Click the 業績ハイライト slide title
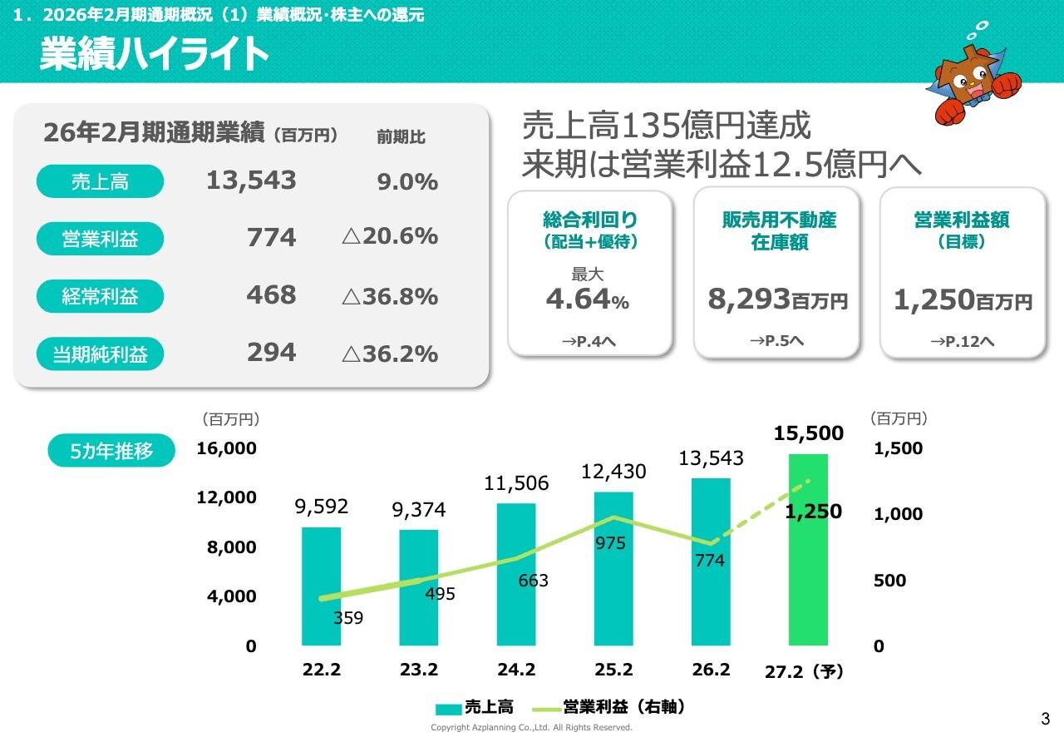[155, 54]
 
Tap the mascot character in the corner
[972, 79]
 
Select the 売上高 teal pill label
[100, 181]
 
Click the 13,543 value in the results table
[251, 180]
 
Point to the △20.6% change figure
[389, 236]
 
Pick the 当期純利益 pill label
[100, 354]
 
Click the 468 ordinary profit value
[271, 295]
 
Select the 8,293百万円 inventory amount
[777, 299]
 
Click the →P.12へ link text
[962, 341]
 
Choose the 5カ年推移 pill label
[111, 451]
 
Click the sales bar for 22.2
[321, 586]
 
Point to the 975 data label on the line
[610, 543]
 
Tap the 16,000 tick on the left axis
[226, 448]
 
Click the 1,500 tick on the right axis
[898, 448]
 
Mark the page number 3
[1045, 719]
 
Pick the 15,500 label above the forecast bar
[808, 433]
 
